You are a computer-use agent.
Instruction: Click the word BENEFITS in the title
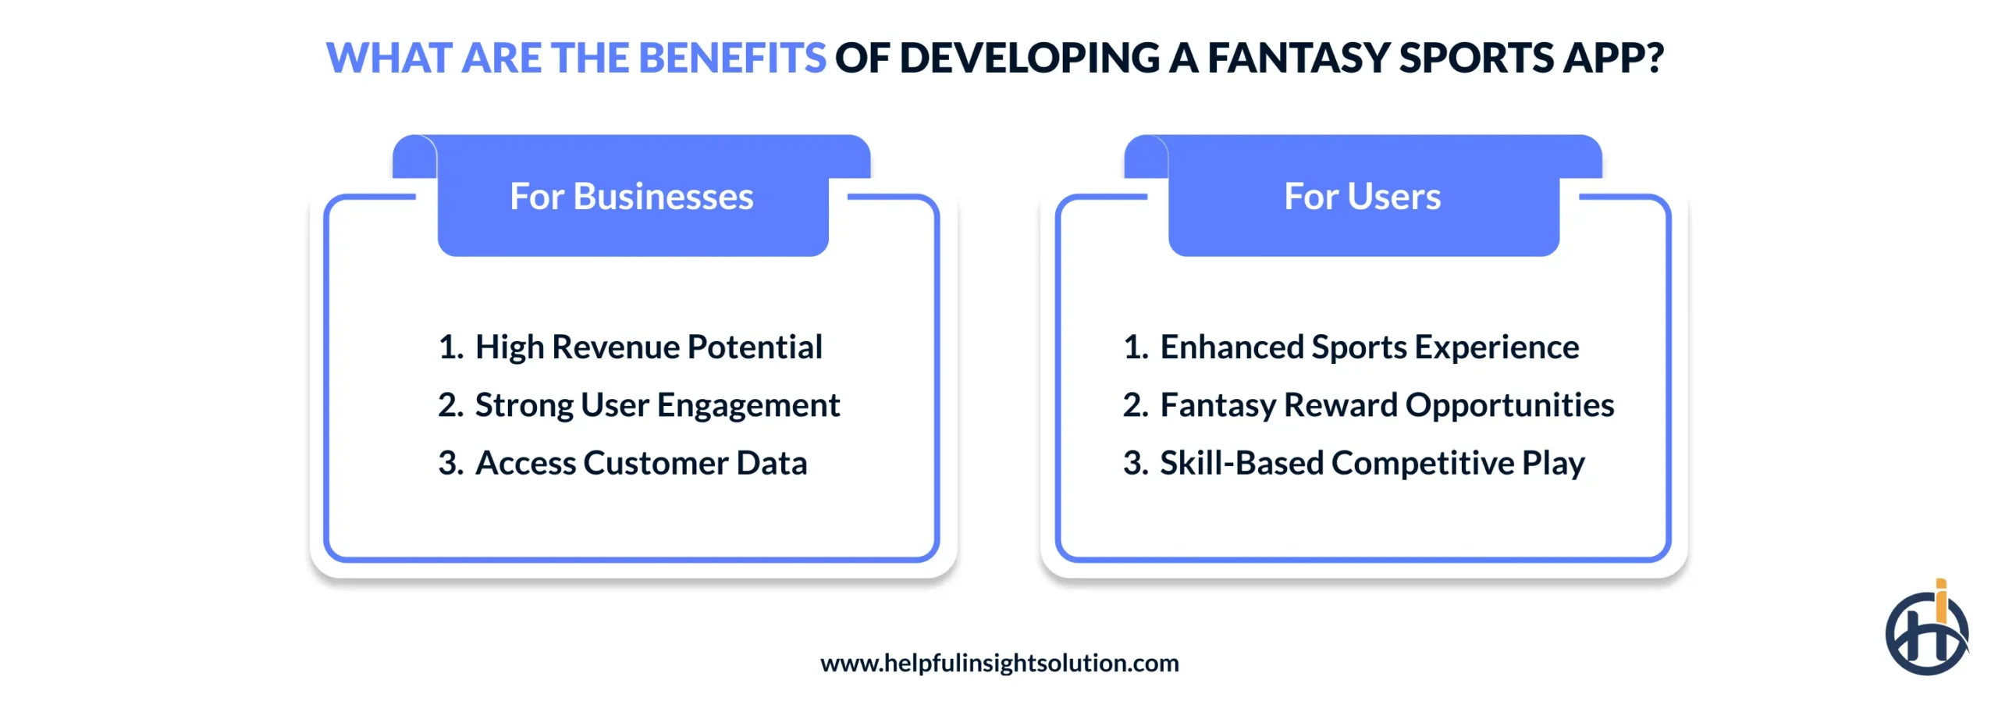(x=731, y=59)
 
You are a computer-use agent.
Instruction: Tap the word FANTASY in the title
(x=1299, y=59)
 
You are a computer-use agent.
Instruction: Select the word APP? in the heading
(x=1612, y=59)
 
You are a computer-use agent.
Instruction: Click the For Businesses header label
(x=631, y=197)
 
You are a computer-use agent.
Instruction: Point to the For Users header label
(x=1362, y=197)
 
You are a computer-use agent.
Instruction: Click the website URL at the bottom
(x=999, y=663)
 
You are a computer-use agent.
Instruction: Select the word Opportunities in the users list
(x=1509, y=405)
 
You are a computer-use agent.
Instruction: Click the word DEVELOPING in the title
(x=1029, y=59)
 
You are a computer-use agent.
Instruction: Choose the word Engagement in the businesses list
(x=748, y=405)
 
